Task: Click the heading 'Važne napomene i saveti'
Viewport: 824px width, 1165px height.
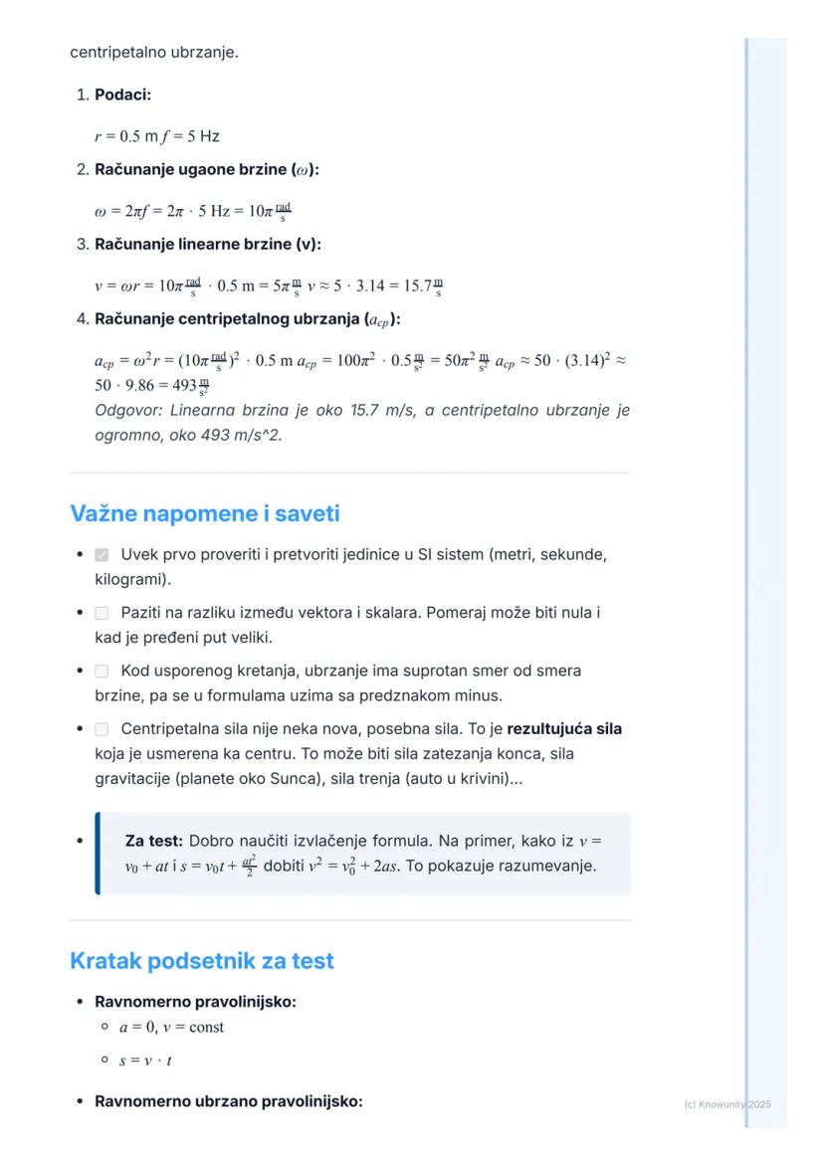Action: (x=204, y=513)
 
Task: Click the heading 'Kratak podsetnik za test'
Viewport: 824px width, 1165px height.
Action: (x=201, y=961)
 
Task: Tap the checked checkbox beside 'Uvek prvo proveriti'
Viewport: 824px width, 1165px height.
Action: (x=102, y=554)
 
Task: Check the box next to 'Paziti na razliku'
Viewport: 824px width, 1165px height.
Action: (x=102, y=614)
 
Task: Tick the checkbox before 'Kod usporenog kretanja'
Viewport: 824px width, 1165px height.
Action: (x=102, y=672)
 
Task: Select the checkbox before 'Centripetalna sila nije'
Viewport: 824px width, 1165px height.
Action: (x=102, y=729)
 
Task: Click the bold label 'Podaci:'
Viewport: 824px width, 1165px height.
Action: (x=122, y=96)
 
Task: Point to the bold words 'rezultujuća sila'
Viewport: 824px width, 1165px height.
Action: (x=564, y=729)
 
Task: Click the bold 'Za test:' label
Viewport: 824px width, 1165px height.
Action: (x=153, y=841)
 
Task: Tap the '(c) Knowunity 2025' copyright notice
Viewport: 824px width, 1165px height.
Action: (x=727, y=1104)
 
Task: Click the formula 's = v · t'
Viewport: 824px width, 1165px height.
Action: (x=146, y=1061)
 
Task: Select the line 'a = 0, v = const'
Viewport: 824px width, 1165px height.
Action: (x=171, y=1027)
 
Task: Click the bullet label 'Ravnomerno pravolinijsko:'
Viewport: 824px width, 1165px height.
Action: (x=195, y=1002)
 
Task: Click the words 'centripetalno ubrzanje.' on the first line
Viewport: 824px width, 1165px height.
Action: (x=153, y=52)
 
